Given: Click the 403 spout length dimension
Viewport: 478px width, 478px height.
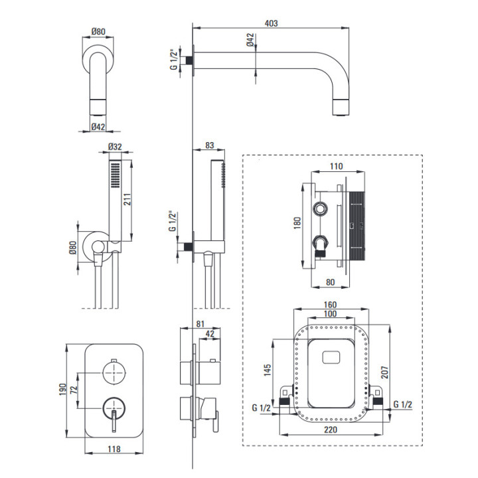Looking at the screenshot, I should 270,23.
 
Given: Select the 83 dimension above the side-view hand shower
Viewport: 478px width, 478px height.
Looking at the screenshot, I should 209,145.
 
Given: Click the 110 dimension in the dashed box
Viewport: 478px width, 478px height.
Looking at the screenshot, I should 337,166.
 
